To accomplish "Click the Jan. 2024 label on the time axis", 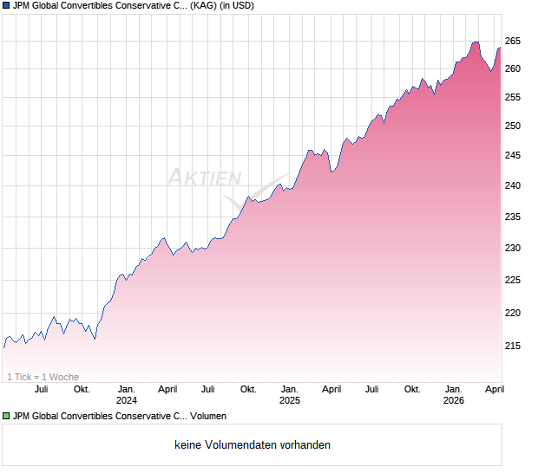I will (127, 395).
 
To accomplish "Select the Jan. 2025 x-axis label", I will (290, 395).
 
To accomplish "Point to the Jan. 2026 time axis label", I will (454, 395).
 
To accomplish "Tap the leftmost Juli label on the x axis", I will (41, 390).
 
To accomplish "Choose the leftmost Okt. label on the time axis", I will (82, 390).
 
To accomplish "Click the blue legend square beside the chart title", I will (5, 5).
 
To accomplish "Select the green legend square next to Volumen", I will (5, 417).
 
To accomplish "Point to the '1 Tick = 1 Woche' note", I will (43, 377).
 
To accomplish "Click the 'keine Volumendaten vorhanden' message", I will (252, 445).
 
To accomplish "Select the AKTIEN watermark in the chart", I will (204, 178).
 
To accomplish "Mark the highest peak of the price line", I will (475, 42).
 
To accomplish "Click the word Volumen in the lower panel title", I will (206, 417).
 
